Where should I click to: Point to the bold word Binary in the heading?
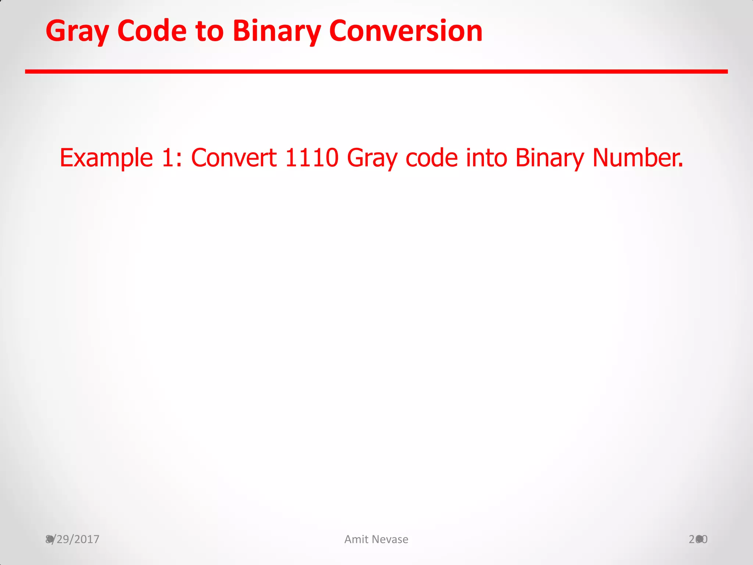tap(277, 32)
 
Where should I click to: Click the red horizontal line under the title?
tap(376, 71)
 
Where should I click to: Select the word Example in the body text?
tap(106, 158)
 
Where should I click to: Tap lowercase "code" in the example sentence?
tap(432, 158)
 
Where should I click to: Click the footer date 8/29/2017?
tap(72, 539)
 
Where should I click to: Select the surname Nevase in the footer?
tap(390, 539)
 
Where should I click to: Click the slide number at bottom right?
tap(698, 539)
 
